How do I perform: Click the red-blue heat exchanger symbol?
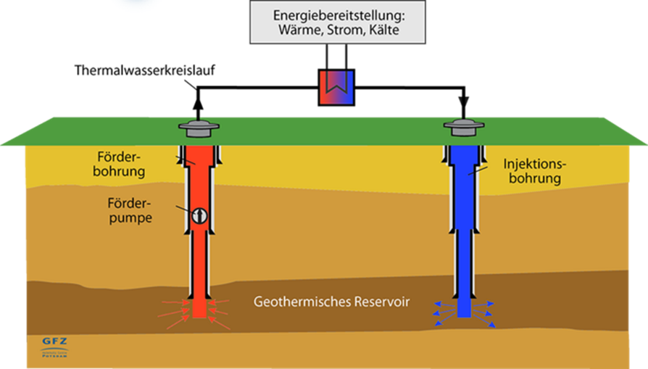pyautogui.click(x=336, y=88)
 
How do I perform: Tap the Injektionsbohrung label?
pyautogui.click(x=533, y=172)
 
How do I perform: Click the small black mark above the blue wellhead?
pyautogui.click(x=461, y=100)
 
